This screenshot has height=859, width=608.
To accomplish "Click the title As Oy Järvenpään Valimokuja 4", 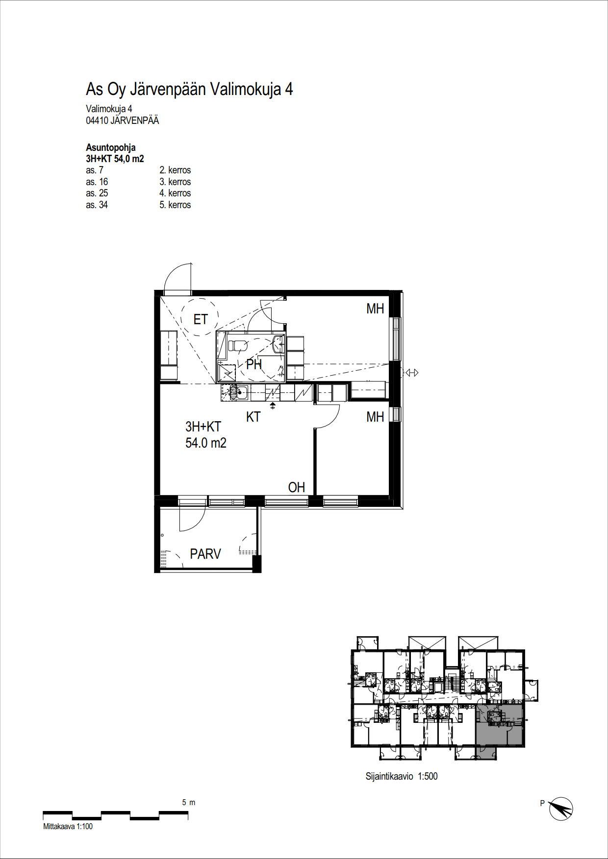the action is click(189, 90).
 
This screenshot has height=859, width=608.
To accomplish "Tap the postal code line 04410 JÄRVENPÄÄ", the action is click(122, 120).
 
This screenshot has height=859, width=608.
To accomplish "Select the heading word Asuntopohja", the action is click(111, 148).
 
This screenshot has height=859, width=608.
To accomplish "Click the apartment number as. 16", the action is click(97, 182).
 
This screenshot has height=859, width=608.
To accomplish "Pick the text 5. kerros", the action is click(175, 205).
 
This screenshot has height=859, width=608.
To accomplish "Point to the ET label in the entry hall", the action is click(201, 320).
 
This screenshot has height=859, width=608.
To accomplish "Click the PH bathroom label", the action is click(254, 364).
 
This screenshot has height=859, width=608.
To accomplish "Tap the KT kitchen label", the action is click(253, 417).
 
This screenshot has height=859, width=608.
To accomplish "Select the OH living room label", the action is click(297, 487).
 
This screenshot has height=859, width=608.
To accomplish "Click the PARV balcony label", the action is click(205, 554).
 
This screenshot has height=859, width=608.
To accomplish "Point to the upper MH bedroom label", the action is click(375, 309).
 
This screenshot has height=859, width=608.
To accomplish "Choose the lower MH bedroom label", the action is click(375, 417).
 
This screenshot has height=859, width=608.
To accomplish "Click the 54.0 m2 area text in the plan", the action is click(206, 444).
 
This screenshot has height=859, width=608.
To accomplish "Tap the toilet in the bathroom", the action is click(239, 345).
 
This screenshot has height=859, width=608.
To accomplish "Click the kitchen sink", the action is click(240, 391).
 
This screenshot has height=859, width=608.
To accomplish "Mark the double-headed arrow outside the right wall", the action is click(412, 373).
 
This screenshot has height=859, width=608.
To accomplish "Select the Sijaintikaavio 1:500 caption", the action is click(402, 776).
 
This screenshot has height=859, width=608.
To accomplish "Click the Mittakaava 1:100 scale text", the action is click(68, 827).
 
